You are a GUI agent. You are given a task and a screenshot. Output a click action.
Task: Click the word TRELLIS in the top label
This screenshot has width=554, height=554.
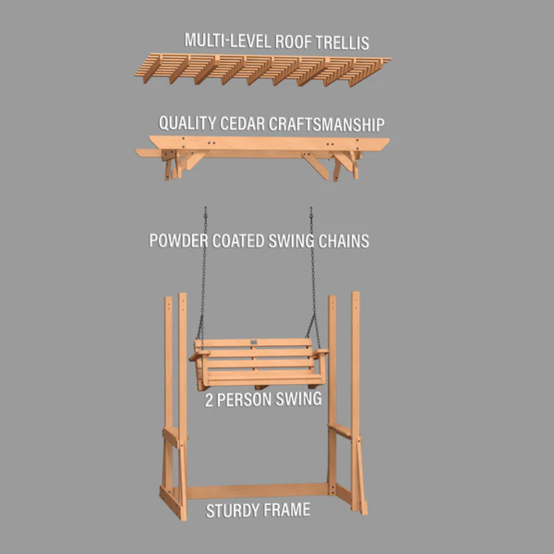pyautogui.click(x=342, y=43)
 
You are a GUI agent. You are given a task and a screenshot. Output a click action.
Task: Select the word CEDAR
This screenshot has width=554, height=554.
pyautogui.click(x=242, y=124)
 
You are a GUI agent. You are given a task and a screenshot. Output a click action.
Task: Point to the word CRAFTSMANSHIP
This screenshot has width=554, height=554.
pyautogui.click(x=326, y=124)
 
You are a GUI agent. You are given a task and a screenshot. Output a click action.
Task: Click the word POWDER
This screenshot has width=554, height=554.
pyautogui.click(x=178, y=240)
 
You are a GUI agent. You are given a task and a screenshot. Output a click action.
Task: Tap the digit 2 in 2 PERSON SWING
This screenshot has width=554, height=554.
pyautogui.click(x=209, y=401)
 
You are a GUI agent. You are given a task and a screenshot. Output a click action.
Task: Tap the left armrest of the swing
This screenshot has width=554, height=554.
pyautogui.click(x=199, y=355)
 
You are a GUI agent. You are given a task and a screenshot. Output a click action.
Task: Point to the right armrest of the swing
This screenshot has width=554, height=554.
pyautogui.click(x=320, y=352)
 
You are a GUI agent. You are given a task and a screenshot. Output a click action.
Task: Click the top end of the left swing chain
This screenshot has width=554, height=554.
pyautogui.click(x=206, y=208)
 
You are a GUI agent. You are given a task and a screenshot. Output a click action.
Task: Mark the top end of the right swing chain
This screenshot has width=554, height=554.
pyautogui.click(x=311, y=208)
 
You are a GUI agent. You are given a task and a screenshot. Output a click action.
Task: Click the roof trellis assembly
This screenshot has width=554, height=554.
pyautogui.click(x=263, y=69)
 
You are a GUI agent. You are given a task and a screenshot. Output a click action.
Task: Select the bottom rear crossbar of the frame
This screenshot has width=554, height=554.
pyautogui.click(x=257, y=491)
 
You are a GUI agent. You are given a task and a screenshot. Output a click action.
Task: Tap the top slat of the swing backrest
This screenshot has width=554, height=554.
pyautogui.click(x=253, y=343)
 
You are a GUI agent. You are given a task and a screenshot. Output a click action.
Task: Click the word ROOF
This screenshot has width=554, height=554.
pyautogui.click(x=293, y=42)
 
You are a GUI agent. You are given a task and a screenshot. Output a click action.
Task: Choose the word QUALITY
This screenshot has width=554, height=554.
pyautogui.click(x=187, y=123)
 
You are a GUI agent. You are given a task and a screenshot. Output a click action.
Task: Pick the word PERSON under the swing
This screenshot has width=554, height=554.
pyautogui.click(x=243, y=400)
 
